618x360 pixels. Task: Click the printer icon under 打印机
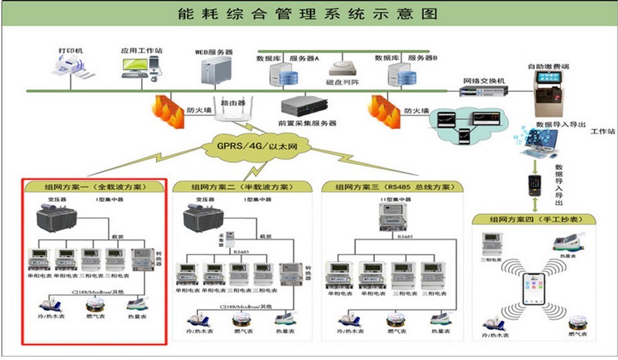[x=73, y=68]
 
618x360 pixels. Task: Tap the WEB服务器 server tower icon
[x=216, y=71]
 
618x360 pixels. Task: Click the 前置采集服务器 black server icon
[x=300, y=106]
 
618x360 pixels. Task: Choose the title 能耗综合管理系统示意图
[x=309, y=13]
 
